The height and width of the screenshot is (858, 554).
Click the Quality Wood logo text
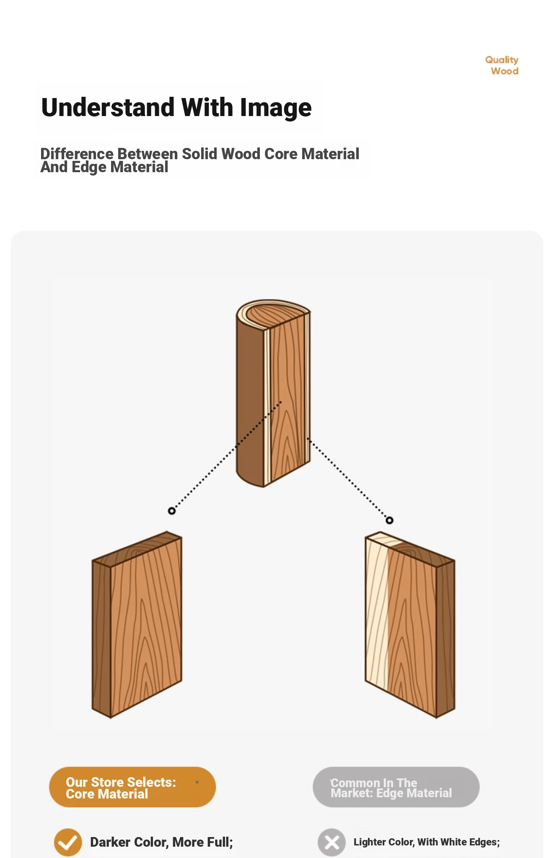point(502,66)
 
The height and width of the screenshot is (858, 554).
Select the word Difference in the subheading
point(77,154)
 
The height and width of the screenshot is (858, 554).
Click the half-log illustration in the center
point(273,393)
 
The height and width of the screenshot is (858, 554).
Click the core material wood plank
point(137,624)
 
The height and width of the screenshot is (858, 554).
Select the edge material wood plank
point(410,625)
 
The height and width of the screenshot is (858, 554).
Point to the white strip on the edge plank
point(376,612)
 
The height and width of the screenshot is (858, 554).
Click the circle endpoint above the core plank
point(172,511)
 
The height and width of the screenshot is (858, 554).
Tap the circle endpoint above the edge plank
point(389,520)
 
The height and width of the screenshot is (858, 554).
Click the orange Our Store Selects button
point(132,787)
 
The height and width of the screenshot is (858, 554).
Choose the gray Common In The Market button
point(396,787)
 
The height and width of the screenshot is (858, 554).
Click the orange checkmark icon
point(68,842)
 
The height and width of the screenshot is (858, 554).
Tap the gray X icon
point(331,842)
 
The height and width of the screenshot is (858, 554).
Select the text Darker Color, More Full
point(161,842)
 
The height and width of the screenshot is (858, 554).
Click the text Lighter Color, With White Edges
point(427,842)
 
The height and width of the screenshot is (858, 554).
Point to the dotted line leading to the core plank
point(227,456)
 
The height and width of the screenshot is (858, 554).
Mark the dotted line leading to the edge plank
point(349,479)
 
